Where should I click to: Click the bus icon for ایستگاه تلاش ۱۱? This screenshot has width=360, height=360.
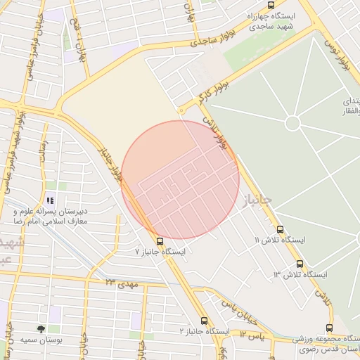pos(281,229)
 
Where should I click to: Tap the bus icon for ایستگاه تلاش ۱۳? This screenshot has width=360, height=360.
pos(300,263)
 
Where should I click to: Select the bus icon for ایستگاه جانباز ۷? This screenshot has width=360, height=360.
pos(160,241)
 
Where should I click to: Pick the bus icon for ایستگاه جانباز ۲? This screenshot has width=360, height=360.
pos(204,321)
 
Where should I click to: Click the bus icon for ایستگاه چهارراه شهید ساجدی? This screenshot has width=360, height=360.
pos(271,5)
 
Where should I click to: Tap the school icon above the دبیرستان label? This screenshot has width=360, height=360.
pos(49,200)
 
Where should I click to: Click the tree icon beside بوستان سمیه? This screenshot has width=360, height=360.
pos(41,328)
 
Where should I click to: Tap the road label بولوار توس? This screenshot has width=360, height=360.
pos(337,56)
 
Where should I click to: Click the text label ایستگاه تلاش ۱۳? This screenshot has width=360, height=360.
pos(284,274)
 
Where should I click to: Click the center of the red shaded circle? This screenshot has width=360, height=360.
pos(181,179)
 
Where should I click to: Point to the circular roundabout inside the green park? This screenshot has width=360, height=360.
pos(292,123)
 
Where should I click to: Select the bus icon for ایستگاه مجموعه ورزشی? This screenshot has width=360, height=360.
pos(330,328)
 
